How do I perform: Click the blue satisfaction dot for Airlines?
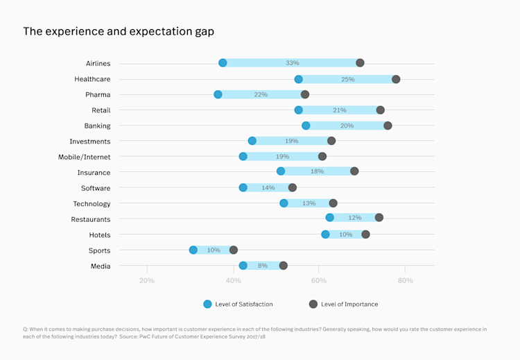point(223,63)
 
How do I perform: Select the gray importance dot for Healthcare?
point(396,79)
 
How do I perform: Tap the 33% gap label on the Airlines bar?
point(292,63)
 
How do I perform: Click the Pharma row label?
point(98,94)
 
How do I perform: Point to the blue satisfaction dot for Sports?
point(193,250)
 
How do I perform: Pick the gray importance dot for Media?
point(283,266)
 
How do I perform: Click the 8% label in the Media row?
point(263,266)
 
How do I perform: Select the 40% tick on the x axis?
point(233,281)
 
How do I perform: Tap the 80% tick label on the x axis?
point(405,281)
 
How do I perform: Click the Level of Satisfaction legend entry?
point(239,304)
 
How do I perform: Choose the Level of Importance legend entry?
point(343,304)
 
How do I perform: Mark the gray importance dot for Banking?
point(388,126)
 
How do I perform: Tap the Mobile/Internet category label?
point(84,157)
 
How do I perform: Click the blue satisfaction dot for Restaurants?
point(329,218)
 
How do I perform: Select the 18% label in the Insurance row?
point(317,171)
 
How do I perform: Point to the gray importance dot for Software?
point(293,187)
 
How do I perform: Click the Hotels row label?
point(100,235)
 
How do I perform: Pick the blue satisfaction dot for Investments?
point(252,141)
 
